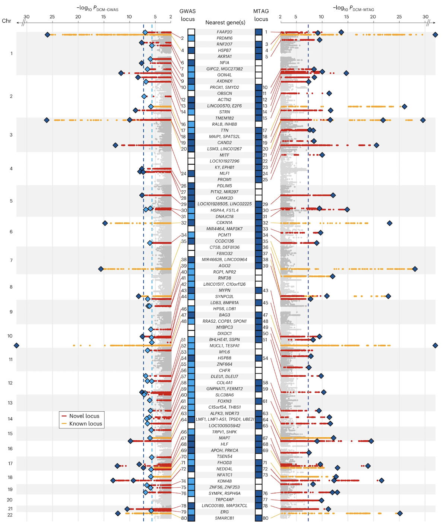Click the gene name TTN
[x=224, y=130]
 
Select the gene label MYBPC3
[x=224, y=327]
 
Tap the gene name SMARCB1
[x=224, y=518]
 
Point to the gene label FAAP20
[x=224, y=32]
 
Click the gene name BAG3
[x=224, y=315]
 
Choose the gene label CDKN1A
[x=224, y=222]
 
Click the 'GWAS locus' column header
[x=188, y=15]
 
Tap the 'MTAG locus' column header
[x=261, y=15]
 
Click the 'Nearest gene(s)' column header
[x=225, y=22]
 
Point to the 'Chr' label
[x=6, y=21]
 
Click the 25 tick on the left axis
[x=52, y=17]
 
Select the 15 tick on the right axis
[x=346, y=17]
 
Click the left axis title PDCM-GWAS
[x=97, y=8]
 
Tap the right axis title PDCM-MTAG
[x=354, y=8]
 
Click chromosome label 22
[x=10, y=515]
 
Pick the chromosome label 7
[x=11, y=260]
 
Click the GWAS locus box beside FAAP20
[x=191, y=32]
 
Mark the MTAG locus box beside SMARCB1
[x=259, y=518]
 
